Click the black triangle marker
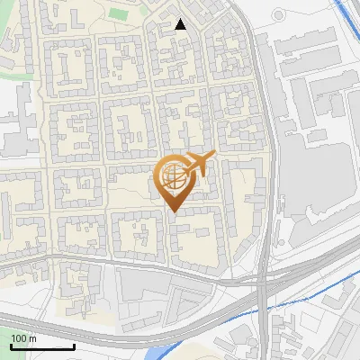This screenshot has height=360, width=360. (x=181, y=24)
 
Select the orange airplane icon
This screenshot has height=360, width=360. (x=200, y=163)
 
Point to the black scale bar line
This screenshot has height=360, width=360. (x=42, y=346)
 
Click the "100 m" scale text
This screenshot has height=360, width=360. (x=24, y=338)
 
